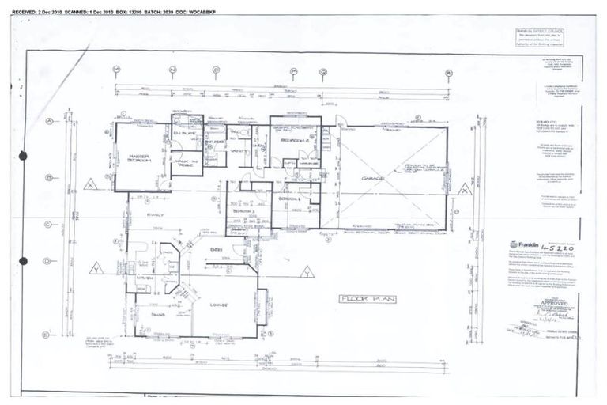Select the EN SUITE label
click(187, 135)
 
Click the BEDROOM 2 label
click(295, 142)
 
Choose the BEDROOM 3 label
click(243, 212)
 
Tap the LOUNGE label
click(218, 305)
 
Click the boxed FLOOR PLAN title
click(367, 299)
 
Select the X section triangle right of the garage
click(464, 188)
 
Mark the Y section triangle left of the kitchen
click(96, 268)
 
